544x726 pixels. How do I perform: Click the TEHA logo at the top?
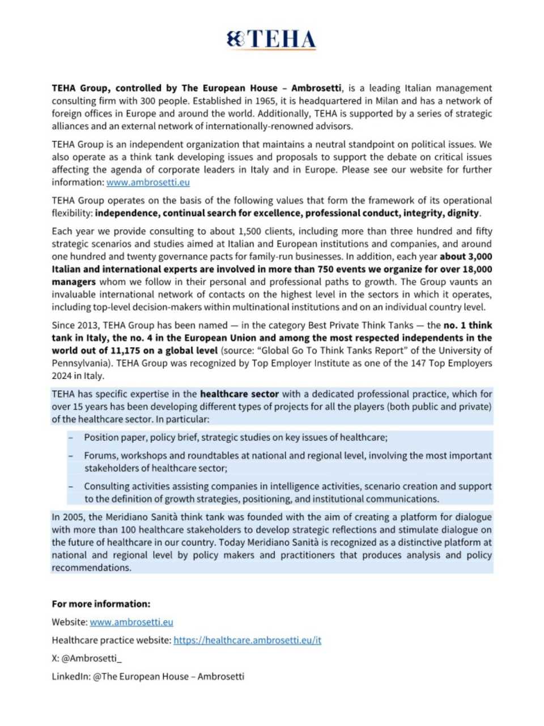tap(271, 40)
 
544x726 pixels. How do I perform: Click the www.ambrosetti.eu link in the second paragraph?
tap(148, 182)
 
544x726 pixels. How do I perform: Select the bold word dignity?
tap(464, 213)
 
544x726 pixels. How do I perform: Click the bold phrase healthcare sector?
tap(240, 394)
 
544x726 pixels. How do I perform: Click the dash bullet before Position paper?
tap(71, 437)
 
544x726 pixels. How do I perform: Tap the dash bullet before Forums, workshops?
tap(71, 455)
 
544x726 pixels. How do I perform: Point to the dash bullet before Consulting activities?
tap(71, 486)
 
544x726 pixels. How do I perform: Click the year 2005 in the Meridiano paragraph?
tap(75, 517)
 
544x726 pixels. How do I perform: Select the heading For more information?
tap(101, 603)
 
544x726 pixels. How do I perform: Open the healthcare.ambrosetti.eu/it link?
tap(247, 640)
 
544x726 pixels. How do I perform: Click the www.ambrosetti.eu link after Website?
tap(131, 622)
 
